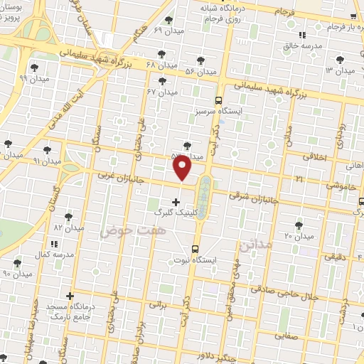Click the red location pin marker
click(x=183, y=167)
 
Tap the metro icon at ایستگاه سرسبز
click(x=218, y=100)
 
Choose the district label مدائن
click(x=256, y=247)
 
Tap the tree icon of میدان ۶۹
click(x=168, y=20)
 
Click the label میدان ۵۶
click(x=200, y=72)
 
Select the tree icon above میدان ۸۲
click(x=69, y=217)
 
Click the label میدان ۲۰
click(x=299, y=235)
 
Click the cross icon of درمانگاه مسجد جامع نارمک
click(x=70, y=296)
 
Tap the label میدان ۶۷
click(x=161, y=92)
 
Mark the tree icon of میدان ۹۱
click(x=47, y=150)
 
